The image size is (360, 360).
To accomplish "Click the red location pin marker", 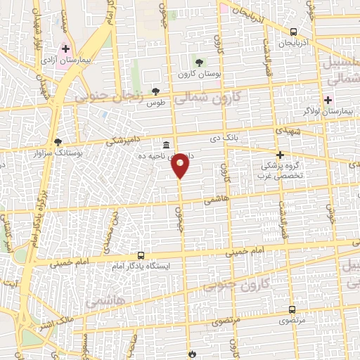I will (181, 165).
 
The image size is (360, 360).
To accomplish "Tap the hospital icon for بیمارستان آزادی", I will (65, 49).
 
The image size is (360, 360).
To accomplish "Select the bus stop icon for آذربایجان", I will (293, 32).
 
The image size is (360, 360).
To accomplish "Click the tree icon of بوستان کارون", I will (200, 62).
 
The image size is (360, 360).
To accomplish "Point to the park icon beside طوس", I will (155, 91).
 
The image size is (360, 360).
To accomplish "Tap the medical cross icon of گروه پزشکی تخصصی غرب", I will (280, 155).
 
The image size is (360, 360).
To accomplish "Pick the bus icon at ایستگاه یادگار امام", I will (141, 255).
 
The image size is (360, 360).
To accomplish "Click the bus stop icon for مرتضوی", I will (292, 309).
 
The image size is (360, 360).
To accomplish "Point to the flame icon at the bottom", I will (191, 354).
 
